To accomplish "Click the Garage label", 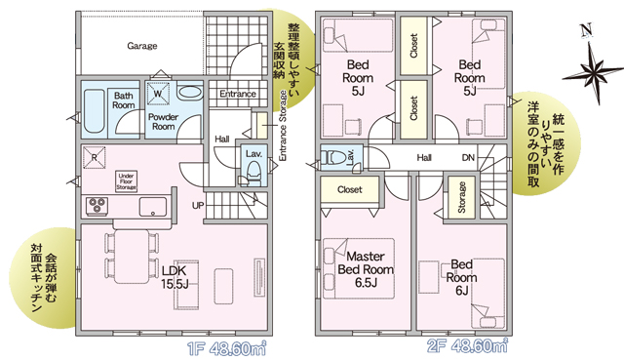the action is tap(142, 46).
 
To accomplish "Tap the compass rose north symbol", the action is tap(593, 64).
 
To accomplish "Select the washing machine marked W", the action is tap(158, 94).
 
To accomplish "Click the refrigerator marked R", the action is tap(95, 158).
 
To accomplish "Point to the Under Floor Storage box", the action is tap(126, 181).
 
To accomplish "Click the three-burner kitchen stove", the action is tap(97, 206).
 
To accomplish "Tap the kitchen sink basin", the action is tap(153, 207).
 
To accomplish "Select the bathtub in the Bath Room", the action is tap(95, 112).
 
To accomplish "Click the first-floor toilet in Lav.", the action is tap(253, 175).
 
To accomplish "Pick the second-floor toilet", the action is tap(333, 157).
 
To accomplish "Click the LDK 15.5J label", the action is tap(175, 277).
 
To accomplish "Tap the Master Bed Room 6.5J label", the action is tap(366, 269).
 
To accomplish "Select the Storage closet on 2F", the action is tap(461, 197).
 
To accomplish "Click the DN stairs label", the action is tap(468, 158).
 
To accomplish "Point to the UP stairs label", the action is tap(198, 206).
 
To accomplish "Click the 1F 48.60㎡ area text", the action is tap(227, 349).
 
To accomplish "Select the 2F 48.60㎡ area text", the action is tap(468, 346).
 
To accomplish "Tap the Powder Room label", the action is tap(163, 121).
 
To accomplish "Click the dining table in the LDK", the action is tap(132, 256).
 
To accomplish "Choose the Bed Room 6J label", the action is tap(461, 278).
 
